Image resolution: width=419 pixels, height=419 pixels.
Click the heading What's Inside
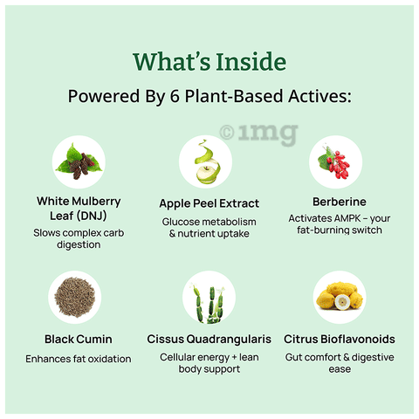209,62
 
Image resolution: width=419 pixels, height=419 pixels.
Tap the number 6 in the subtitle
175,96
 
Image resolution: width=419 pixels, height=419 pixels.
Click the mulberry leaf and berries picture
79,161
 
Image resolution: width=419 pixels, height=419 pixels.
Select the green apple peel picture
207,161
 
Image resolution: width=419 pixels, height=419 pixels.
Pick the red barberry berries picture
334,162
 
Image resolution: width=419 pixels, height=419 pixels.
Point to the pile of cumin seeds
75,298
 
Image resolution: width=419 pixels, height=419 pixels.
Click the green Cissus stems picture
209,304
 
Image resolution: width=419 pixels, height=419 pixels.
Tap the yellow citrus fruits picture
340,296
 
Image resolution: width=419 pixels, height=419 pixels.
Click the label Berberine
340,202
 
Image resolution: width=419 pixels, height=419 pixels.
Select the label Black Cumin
79,340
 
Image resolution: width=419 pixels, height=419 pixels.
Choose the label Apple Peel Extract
209,203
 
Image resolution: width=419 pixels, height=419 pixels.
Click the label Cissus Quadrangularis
209,340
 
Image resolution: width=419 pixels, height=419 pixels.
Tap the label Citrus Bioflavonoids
340,340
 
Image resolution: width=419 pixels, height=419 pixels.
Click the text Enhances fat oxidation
79,359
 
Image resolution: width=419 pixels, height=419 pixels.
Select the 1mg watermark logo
259,134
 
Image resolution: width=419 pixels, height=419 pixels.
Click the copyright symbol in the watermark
227,133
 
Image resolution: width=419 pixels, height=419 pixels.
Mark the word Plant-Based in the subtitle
234,96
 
